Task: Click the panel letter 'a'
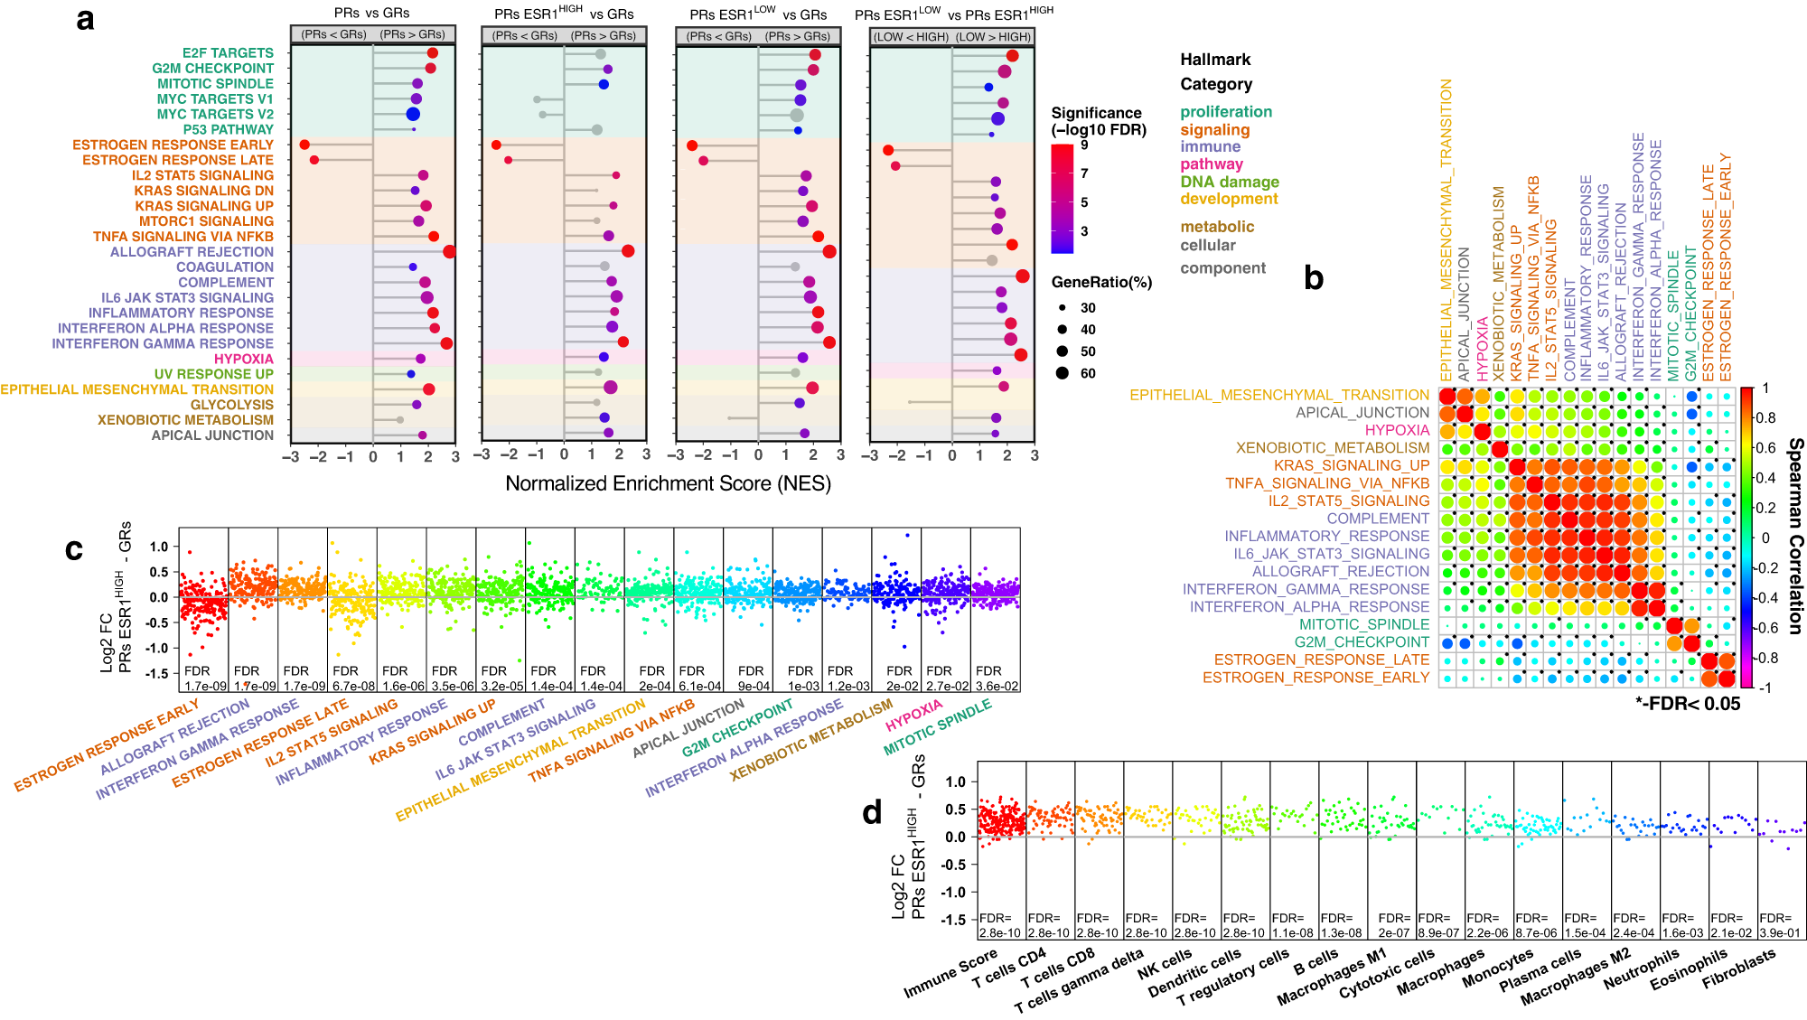point(85,20)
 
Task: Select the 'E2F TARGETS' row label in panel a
point(228,53)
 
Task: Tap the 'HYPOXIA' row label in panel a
point(243,359)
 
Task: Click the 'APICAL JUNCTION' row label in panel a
point(212,435)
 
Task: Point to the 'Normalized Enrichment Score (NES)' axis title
point(668,483)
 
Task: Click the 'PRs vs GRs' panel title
point(371,14)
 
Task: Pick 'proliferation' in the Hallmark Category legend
point(1225,112)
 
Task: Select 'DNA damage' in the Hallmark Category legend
point(1229,182)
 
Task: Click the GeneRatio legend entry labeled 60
point(1074,373)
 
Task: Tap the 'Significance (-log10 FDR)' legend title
point(1098,121)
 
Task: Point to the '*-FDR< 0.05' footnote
point(1687,704)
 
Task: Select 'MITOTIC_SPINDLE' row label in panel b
point(1363,624)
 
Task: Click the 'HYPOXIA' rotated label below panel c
point(913,715)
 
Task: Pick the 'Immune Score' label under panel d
point(950,973)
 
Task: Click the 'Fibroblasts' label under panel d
point(1738,969)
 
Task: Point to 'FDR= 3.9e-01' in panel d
point(1779,925)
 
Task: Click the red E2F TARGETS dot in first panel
point(432,53)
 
